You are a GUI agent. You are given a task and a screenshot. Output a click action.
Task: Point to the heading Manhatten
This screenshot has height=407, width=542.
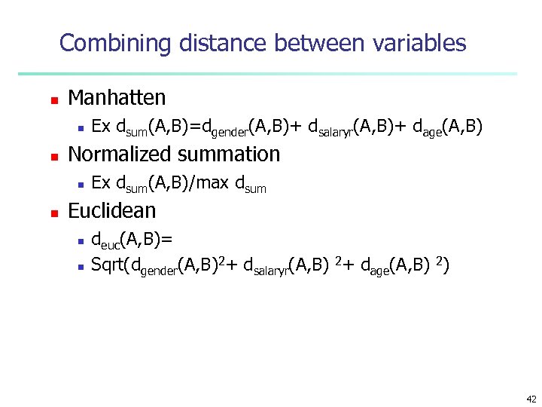[117, 98]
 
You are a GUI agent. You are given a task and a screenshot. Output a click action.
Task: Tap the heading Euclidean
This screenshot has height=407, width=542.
[112, 211]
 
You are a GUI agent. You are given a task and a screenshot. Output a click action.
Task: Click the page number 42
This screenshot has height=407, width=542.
[531, 399]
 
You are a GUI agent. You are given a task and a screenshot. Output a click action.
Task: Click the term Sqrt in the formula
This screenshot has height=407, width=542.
[108, 265]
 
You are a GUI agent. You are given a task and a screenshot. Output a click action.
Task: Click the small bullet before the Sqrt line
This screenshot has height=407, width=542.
[81, 265]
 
